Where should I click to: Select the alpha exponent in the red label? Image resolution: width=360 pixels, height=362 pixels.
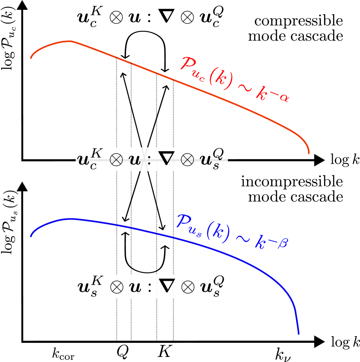coord(285,98)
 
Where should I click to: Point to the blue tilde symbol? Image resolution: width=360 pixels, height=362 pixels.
coord(243,238)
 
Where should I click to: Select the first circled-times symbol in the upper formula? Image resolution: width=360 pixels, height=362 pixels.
coord(116,161)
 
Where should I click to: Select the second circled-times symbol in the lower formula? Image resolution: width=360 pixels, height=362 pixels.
coord(188,288)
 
